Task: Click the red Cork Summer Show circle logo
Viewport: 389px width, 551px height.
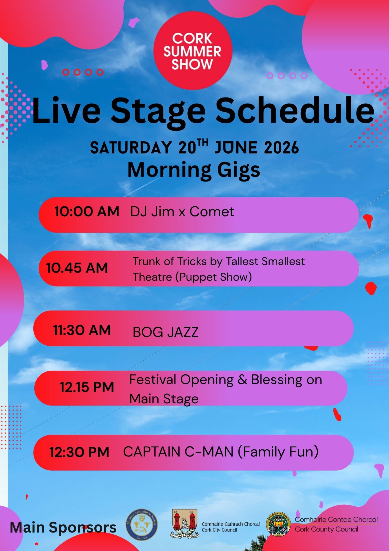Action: (193, 51)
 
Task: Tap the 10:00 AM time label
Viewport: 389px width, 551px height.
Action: (87, 212)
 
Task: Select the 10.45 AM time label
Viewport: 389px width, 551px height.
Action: (77, 268)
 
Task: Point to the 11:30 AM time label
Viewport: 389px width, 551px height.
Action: (82, 330)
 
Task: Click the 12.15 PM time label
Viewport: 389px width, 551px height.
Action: (87, 387)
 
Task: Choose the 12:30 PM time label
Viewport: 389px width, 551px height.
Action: (80, 452)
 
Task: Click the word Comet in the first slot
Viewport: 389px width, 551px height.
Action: (212, 212)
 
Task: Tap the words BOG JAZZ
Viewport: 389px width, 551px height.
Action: (165, 332)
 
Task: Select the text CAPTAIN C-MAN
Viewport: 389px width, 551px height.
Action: (178, 452)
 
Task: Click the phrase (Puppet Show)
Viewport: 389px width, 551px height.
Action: (213, 277)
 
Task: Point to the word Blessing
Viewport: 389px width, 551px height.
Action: (277, 380)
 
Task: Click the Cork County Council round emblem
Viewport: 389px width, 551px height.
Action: (278, 524)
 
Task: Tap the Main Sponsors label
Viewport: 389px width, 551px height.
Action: (63, 528)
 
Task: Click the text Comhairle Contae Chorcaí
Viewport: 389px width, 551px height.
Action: (336, 520)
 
